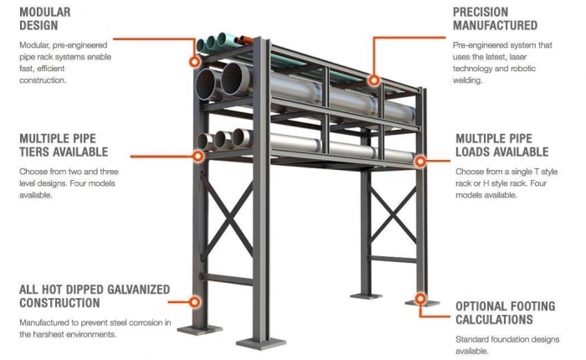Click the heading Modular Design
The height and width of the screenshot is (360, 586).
tap(45, 18)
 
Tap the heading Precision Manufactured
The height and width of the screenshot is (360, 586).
tap(496, 18)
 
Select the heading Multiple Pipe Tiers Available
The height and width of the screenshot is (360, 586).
tap(64, 145)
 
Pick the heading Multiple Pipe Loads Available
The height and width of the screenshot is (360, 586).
tap(502, 145)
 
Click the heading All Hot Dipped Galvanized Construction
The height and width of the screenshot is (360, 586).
tap(95, 296)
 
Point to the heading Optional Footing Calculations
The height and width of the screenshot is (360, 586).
tap(506, 313)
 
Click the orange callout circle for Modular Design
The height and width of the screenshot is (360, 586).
tap(194, 61)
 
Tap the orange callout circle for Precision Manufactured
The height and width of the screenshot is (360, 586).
tap(373, 80)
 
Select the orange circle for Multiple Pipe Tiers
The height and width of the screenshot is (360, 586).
tap(198, 156)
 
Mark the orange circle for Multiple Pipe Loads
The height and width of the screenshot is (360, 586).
tap(420, 161)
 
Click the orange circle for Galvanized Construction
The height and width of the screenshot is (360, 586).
tap(194, 301)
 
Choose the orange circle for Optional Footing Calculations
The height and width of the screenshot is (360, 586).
tap(420, 299)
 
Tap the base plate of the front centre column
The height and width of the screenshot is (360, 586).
tap(261, 342)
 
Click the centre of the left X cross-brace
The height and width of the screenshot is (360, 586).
tap(227, 217)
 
